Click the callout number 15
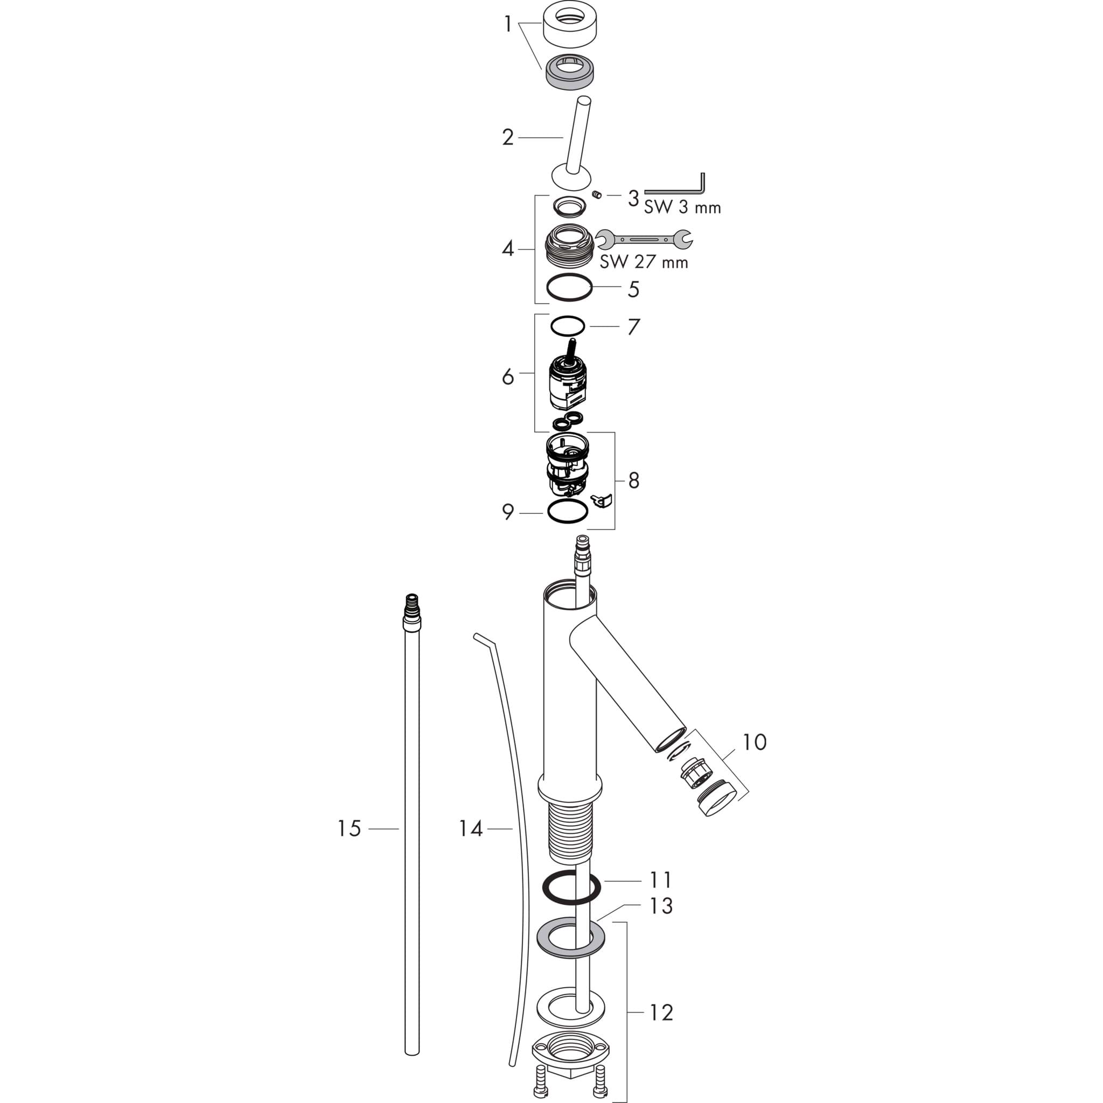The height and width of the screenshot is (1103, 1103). tap(350, 828)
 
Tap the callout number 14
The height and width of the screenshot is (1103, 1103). tap(471, 828)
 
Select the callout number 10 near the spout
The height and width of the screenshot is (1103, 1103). tap(754, 742)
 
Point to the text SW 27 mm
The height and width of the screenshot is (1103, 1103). tap(644, 262)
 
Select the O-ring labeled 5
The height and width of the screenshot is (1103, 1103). tap(569, 287)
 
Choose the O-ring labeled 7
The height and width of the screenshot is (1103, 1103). tap(568, 326)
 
